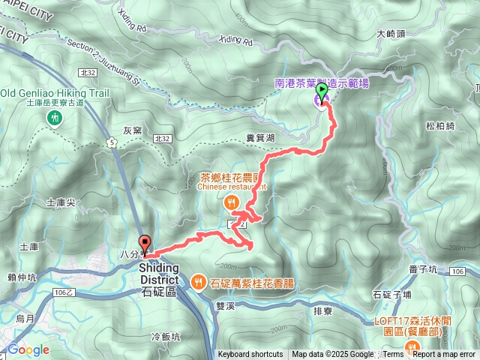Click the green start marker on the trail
[322, 93]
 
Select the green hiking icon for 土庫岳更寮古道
[55, 118]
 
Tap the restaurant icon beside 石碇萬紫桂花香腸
[197, 282]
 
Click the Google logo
[28, 349]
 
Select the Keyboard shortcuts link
[250, 355]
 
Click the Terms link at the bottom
[393, 355]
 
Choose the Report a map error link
[445, 355]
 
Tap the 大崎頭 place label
[391, 34]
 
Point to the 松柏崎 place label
[439, 126]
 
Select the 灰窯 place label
[132, 130]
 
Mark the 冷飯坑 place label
[166, 337]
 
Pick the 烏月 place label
[25, 319]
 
